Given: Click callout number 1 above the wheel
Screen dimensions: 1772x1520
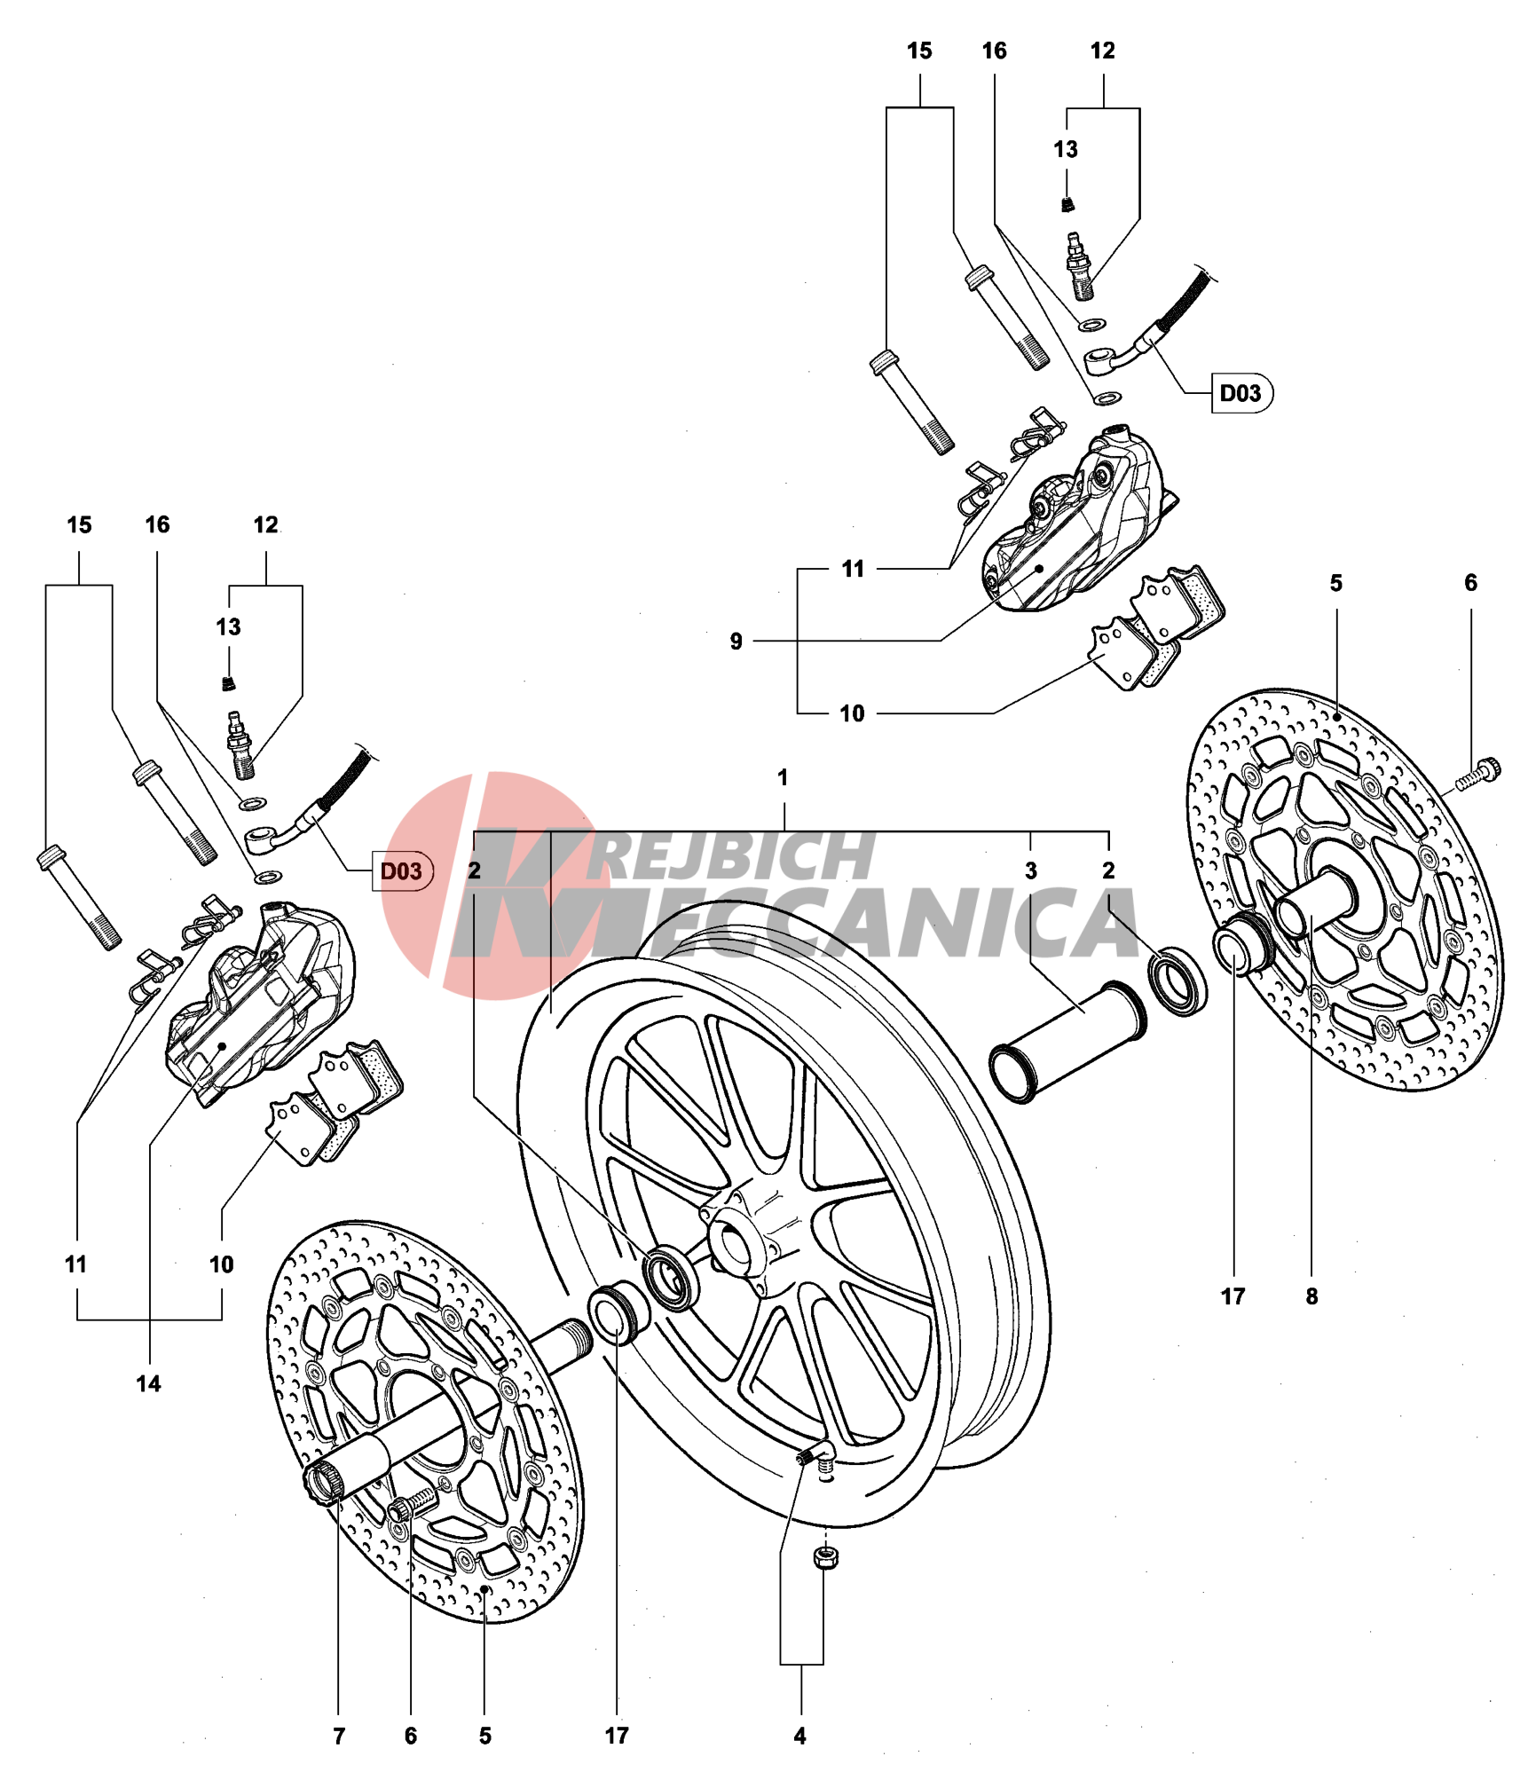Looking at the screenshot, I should tap(782, 777).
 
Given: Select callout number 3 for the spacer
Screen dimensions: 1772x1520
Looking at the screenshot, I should tap(1029, 870).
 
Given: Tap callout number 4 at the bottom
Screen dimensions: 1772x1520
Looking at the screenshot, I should tap(799, 1736).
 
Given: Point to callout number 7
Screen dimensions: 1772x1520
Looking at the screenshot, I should tap(338, 1736).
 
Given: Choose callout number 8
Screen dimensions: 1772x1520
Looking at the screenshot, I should tap(1311, 1296).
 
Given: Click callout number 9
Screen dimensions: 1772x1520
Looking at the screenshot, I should tap(736, 641).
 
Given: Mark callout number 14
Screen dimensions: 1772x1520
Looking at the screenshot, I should tap(148, 1383).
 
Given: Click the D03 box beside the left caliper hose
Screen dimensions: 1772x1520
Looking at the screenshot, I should tap(402, 870).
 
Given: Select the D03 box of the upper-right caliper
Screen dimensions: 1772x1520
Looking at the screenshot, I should tap(1240, 393).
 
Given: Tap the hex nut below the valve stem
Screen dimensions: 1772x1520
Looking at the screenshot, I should tap(825, 1556).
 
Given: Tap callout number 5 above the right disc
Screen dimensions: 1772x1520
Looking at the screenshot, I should tap(1335, 583).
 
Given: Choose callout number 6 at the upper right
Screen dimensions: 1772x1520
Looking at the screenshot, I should tap(1470, 583).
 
